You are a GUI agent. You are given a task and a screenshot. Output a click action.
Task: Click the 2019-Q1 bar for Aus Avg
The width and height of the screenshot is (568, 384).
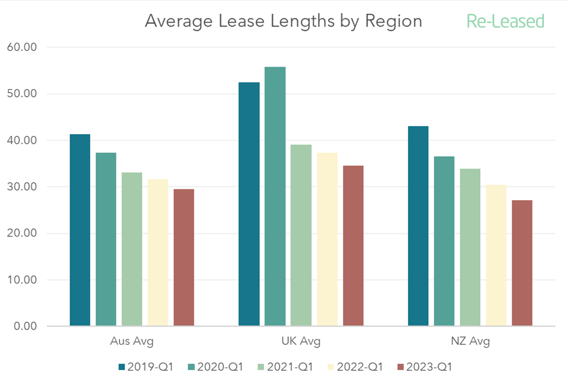coord(80,230)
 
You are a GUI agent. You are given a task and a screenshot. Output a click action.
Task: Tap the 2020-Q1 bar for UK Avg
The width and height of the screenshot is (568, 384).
coord(275,197)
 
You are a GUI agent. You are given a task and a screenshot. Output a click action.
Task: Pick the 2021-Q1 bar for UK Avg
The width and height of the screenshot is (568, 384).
coord(301,236)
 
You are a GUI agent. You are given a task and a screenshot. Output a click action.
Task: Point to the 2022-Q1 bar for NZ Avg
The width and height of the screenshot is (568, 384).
coord(496,255)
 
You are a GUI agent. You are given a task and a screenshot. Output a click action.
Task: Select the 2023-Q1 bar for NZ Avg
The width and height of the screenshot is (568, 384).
coord(522,263)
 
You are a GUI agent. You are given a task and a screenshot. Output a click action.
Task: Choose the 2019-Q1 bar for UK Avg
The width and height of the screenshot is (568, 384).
coord(249,204)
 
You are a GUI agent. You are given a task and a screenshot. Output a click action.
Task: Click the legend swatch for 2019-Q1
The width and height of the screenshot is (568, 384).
coord(121,367)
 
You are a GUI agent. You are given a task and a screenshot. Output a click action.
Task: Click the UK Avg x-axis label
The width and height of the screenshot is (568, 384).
coord(301,341)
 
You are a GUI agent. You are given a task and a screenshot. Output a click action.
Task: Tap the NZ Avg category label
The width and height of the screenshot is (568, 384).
coord(470,341)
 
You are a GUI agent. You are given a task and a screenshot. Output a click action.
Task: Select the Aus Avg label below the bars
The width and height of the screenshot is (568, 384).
coord(132,341)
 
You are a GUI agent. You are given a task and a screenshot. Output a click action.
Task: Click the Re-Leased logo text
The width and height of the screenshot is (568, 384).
coord(505,22)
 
